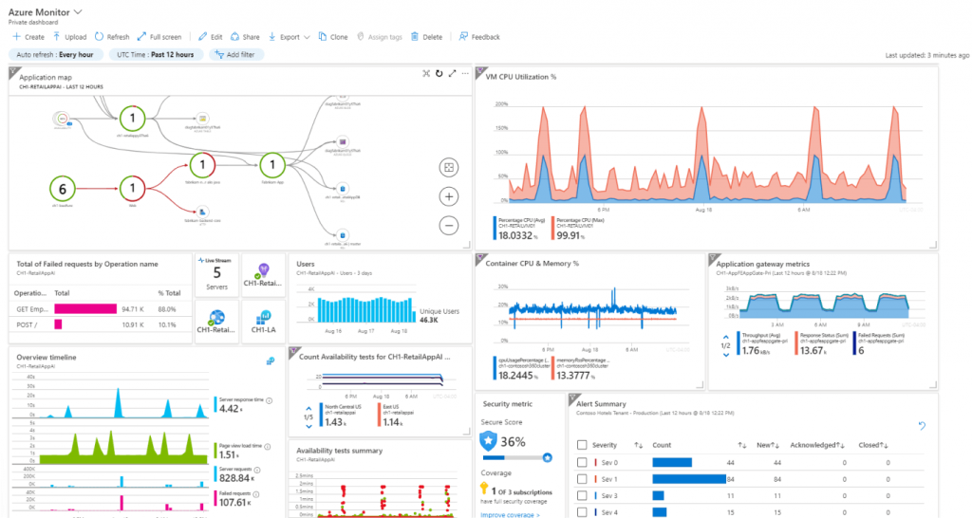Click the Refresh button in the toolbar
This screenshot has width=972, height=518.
tap(112, 37)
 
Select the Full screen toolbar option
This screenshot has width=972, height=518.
tap(159, 37)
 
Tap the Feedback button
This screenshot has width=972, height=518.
tap(479, 37)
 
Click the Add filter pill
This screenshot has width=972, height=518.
tap(233, 55)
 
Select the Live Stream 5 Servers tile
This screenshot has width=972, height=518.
tap(216, 275)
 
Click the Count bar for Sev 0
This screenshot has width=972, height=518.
tap(670, 462)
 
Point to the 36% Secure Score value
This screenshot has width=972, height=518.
tap(514, 441)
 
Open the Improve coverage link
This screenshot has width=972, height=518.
tap(510, 514)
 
